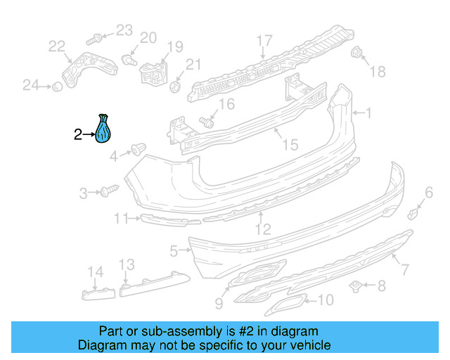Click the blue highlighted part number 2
(x=105, y=129)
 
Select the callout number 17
(x=264, y=40)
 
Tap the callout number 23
(x=124, y=30)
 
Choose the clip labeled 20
(x=128, y=59)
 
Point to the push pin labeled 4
(x=138, y=149)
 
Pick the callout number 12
(x=262, y=229)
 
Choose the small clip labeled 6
(x=414, y=212)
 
